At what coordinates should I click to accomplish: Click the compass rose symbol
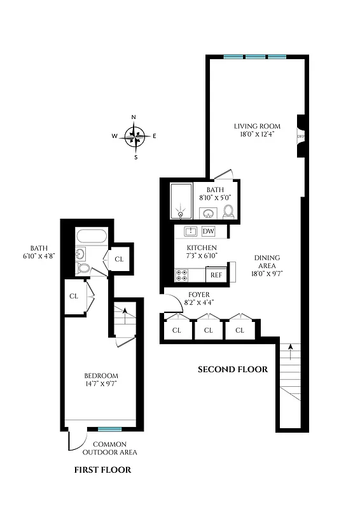134,136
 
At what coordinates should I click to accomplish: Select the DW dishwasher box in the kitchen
209,232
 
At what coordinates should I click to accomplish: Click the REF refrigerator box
216,275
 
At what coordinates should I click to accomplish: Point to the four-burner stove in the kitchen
181,275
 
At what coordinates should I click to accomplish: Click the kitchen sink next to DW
189,232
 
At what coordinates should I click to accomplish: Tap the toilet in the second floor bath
228,211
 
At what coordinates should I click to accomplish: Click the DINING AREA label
267,266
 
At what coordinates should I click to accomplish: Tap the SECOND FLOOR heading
233,370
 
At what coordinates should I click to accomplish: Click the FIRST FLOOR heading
102,470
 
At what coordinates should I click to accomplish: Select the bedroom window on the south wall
109,429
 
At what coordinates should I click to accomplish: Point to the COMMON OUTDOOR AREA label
109,448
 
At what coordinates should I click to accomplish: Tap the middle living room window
256,57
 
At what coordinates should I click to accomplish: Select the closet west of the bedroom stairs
74,296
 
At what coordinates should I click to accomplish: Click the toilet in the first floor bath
83,268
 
